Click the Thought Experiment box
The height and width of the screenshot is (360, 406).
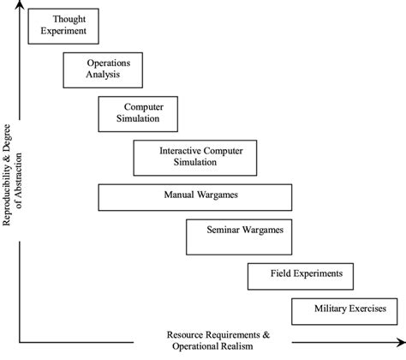click(x=64, y=25)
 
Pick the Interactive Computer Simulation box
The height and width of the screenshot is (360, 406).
click(x=196, y=156)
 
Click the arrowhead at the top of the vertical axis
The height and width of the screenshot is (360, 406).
click(x=20, y=7)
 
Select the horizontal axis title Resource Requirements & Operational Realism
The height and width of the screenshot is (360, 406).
click(x=219, y=340)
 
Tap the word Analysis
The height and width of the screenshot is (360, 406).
click(x=103, y=75)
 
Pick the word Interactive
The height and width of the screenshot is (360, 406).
click(x=182, y=150)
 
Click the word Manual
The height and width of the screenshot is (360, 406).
click(x=180, y=195)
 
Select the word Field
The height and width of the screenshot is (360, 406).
click(x=285, y=274)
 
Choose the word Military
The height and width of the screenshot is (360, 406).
click(x=331, y=309)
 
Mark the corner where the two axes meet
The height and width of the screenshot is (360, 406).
click(x=20, y=343)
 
